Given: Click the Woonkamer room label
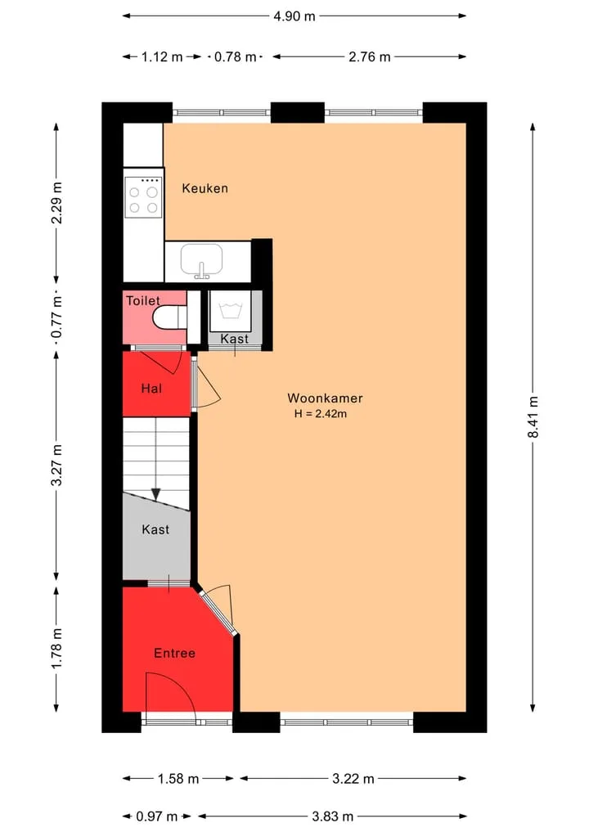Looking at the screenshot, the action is click(325, 398).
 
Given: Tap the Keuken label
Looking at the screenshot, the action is click(205, 188).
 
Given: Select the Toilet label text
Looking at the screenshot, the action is click(142, 301).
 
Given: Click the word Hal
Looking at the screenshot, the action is click(151, 389).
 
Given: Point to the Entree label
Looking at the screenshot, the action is click(174, 653).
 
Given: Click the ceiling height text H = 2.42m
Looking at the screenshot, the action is click(321, 414).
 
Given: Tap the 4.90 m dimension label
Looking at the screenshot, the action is click(294, 16).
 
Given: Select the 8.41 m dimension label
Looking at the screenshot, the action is click(533, 417).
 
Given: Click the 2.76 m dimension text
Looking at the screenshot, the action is click(369, 56).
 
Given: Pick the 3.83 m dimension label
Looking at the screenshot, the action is click(333, 816).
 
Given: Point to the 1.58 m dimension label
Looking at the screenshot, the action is click(178, 779).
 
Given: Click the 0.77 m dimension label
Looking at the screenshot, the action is click(56, 317).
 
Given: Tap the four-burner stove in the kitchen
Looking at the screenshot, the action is click(143, 197).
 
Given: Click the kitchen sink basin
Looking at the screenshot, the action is click(201, 259).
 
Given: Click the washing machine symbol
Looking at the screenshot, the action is click(231, 310).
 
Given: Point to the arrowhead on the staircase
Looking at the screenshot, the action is click(155, 494).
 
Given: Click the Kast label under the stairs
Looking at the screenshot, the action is click(155, 529).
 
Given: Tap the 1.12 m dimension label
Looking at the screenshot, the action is click(162, 56).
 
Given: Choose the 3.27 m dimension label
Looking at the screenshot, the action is click(56, 465).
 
